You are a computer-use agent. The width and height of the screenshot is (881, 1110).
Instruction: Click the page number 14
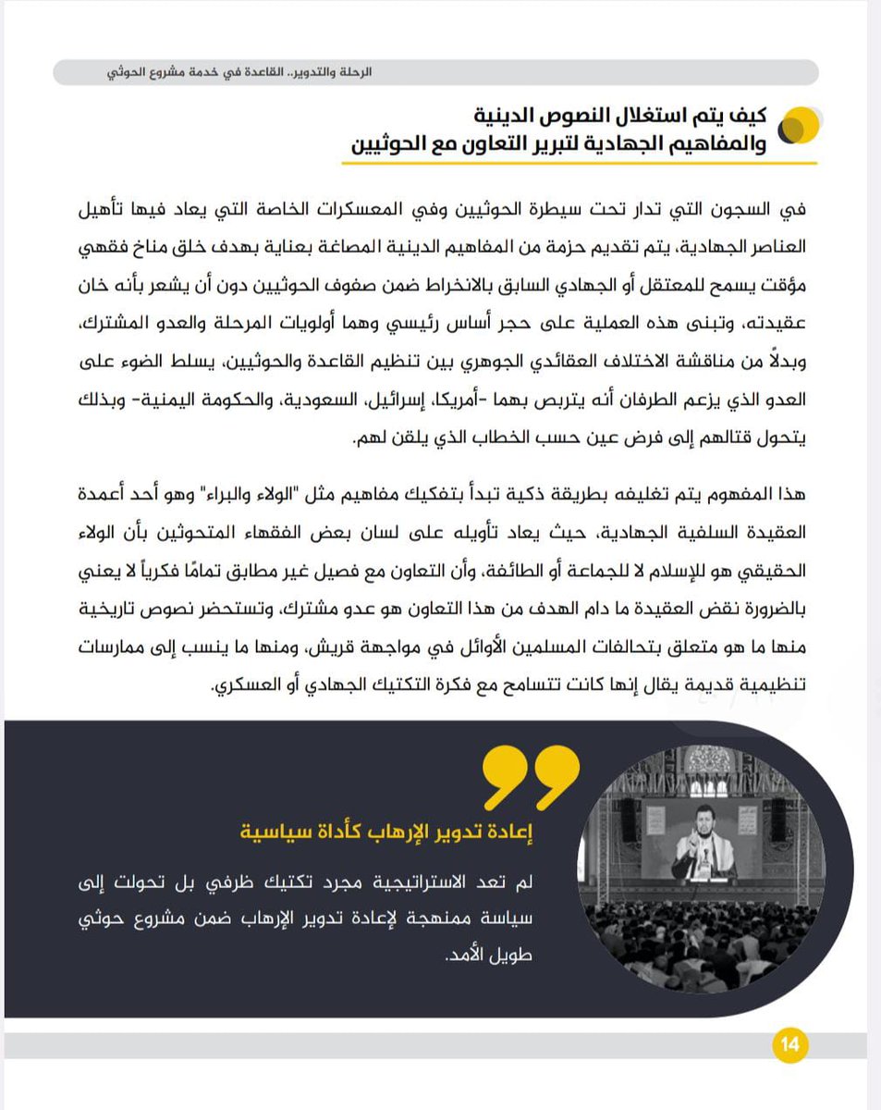789,1046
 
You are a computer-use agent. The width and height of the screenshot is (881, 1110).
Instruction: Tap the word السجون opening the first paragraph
754,208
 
